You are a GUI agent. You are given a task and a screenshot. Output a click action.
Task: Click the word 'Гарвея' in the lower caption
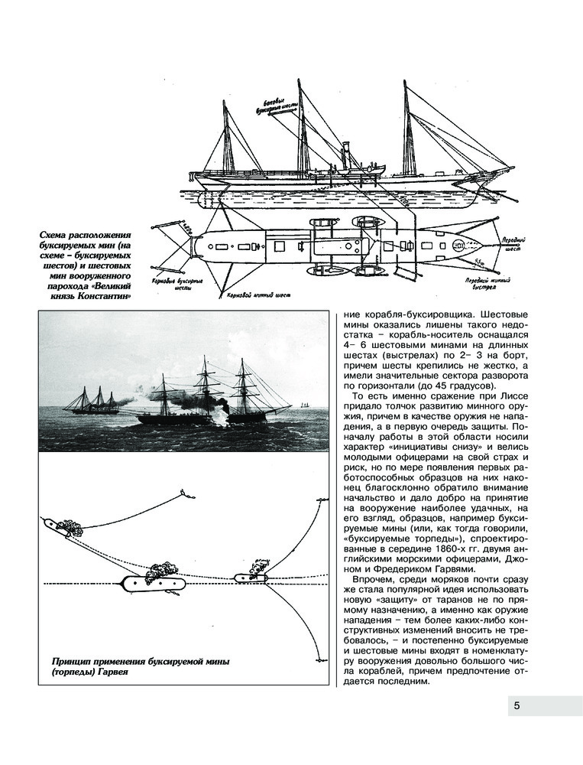point(109,672)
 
